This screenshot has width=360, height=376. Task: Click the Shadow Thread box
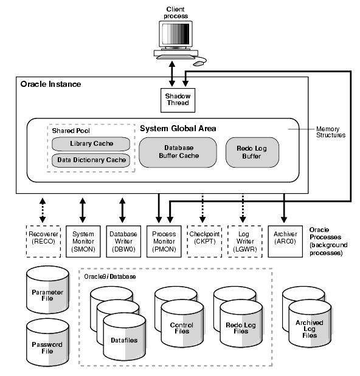pos(178,99)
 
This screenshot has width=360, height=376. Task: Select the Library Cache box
pos(91,144)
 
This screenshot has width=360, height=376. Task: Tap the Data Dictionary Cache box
pos(91,160)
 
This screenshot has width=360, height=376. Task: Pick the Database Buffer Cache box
pos(178,152)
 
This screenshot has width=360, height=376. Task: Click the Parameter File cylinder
pos(47,295)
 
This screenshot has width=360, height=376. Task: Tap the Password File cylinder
pos(47,347)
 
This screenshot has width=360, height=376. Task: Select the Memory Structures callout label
pos(331,132)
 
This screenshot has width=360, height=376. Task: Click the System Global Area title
pos(178,128)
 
